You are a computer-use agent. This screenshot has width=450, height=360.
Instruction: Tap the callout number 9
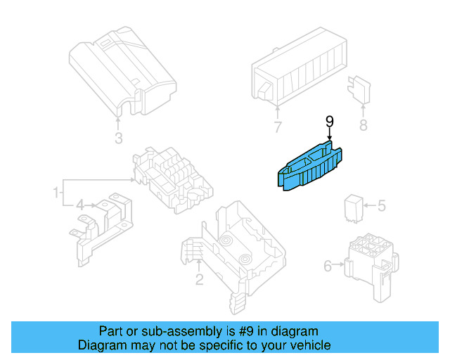[x=329, y=122]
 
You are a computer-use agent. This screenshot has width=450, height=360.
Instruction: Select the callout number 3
[x=119, y=137]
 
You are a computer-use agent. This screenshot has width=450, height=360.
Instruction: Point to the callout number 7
[x=278, y=127]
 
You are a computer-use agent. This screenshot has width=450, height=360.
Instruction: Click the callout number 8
[x=363, y=126]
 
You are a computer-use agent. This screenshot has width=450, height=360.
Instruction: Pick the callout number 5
[x=382, y=206]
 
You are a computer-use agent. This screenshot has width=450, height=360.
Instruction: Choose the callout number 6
[x=328, y=266]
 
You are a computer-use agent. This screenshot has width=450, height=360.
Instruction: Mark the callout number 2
[x=199, y=280]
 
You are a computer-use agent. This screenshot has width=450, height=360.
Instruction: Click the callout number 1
[x=54, y=191]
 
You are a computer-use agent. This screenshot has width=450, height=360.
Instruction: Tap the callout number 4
[x=81, y=205]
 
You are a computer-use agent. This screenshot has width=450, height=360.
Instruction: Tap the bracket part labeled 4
[x=102, y=221]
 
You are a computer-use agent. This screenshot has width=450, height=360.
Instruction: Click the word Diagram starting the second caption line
[x=101, y=345]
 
